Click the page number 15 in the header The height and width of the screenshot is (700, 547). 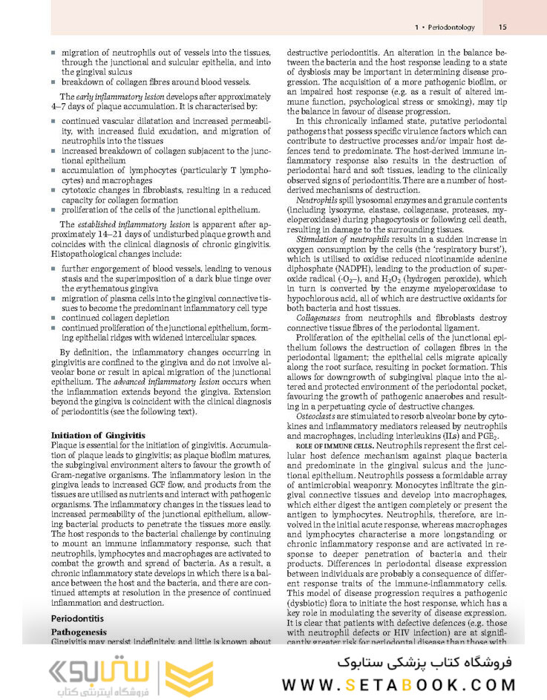tap(502, 27)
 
